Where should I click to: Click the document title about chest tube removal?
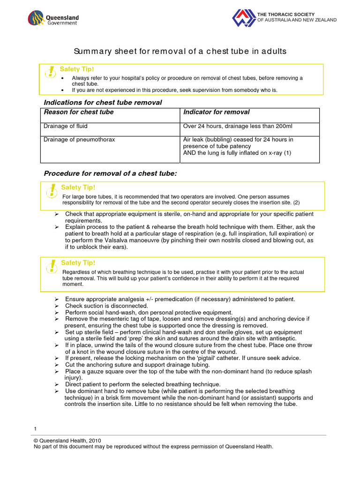[x=180, y=51]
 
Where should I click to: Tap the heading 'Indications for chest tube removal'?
[x=103, y=102]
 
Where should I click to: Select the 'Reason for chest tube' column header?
[x=78, y=112]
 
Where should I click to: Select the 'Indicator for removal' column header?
[x=216, y=112]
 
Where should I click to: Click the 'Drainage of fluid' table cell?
[x=66, y=126]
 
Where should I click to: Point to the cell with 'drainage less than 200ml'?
[x=238, y=126]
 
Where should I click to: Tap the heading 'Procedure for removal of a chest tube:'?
[x=110, y=173]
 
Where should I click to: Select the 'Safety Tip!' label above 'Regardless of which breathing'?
[x=78, y=263]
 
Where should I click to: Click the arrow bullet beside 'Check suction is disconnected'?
[x=56, y=306]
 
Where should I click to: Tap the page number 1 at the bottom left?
[x=35, y=429]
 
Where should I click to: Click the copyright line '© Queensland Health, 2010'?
[x=67, y=440]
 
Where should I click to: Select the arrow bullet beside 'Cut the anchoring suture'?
[x=56, y=365]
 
